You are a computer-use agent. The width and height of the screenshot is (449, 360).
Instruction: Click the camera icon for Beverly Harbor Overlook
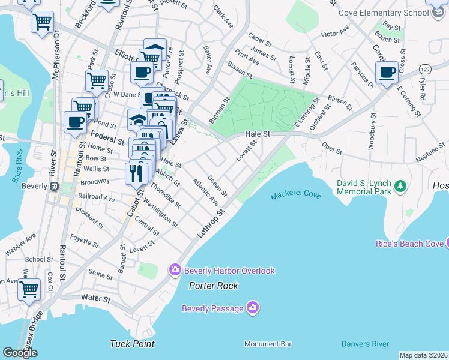(x=175, y=270)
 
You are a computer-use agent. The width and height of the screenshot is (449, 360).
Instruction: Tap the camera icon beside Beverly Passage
(x=253, y=308)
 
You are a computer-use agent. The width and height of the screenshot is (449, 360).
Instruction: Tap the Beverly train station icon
(x=55, y=186)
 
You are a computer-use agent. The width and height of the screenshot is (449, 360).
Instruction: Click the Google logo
(x=20, y=352)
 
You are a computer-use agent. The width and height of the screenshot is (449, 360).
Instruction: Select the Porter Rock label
(x=213, y=286)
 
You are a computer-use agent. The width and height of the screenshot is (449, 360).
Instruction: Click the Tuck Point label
(x=132, y=344)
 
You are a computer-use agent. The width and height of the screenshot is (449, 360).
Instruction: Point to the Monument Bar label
(x=268, y=344)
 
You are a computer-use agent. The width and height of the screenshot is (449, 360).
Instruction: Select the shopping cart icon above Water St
(x=29, y=289)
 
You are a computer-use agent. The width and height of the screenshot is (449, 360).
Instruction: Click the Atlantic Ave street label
(x=205, y=192)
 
